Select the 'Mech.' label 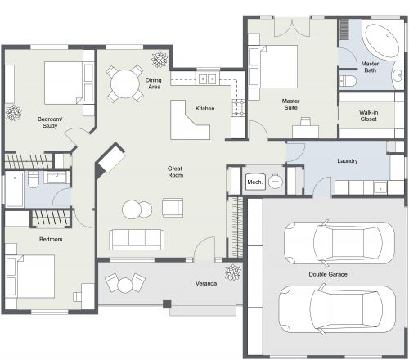254,182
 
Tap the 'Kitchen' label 204,109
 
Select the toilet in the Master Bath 349,80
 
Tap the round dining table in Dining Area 124,82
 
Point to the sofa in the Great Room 137,238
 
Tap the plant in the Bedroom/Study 13,112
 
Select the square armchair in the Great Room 173,208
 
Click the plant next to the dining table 158,59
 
